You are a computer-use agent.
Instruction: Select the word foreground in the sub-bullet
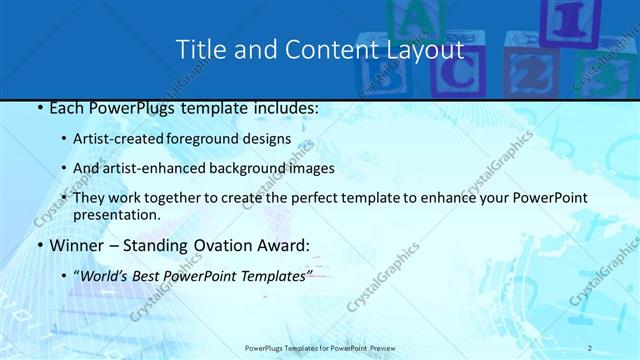coord(228,138)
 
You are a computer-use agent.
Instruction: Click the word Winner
coord(73,245)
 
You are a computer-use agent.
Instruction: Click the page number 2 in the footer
coord(590,347)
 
